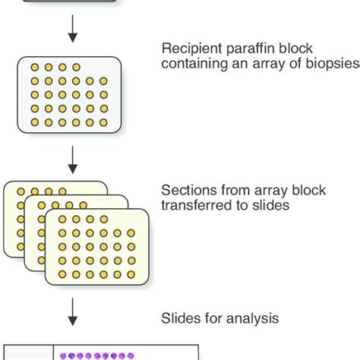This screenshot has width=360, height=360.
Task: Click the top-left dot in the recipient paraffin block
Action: click(34, 67)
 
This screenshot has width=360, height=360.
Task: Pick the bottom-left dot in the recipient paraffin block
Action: click(34, 122)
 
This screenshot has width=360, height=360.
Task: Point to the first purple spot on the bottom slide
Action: click(63, 355)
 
